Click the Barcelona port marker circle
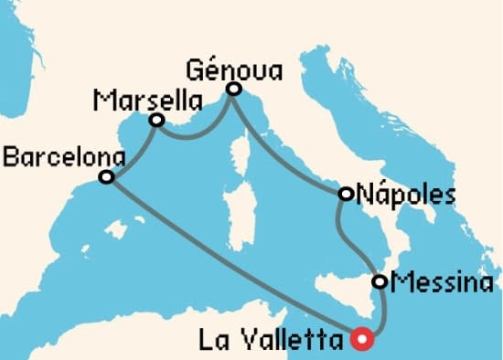pyautogui.click(x=106, y=176)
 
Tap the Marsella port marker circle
pyautogui.click(x=156, y=120)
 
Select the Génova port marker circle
pyautogui.click(x=233, y=89)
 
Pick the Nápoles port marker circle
pyautogui.click(x=346, y=194)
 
